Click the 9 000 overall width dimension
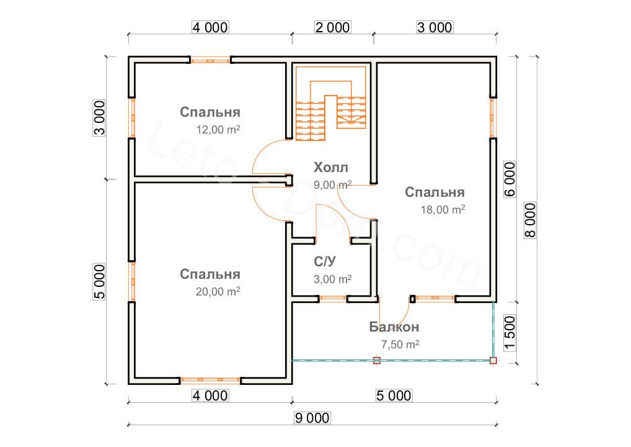coord(312,418)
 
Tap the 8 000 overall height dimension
coord(531,220)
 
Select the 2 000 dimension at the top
coord(332,27)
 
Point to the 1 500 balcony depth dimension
coord(510,333)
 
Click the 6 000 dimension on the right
coord(510,179)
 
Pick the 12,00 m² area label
coord(218,129)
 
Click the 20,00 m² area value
coord(218,291)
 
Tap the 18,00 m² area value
coord(443,210)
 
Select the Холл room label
coord(331,167)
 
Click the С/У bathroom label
coord(324,261)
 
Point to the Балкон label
coord(394,327)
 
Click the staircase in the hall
coord(331,103)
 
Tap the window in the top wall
coord(211,60)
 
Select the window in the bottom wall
coord(210,380)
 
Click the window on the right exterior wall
coord(493,118)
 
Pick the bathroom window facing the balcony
coord(333,299)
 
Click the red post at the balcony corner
coord(493,360)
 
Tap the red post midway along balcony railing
coord(377,360)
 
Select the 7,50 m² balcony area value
coord(400,344)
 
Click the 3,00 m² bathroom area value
coord(333,279)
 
